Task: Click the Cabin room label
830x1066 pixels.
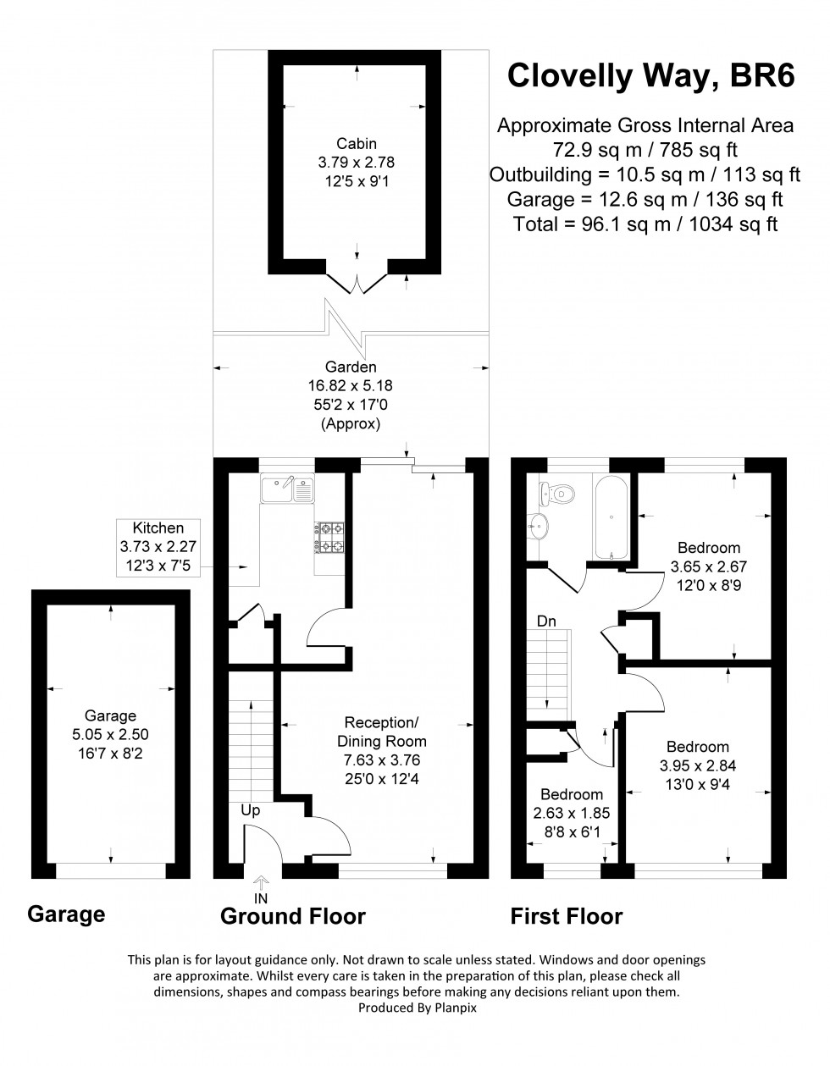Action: [x=356, y=143]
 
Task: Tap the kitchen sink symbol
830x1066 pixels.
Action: [x=288, y=489]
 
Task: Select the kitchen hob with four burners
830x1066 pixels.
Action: [x=330, y=536]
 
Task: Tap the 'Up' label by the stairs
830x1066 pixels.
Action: [x=251, y=810]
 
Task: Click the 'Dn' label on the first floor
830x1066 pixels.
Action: [x=547, y=621]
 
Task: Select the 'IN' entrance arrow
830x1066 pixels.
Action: [x=260, y=888]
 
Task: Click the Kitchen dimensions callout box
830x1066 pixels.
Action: [x=158, y=548]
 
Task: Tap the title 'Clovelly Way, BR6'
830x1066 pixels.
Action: [x=650, y=75]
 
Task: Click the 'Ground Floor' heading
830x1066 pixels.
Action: [x=293, y=916]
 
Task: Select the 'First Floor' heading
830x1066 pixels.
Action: [x=566, y=916]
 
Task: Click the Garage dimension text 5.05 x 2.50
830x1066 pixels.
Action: [x=110, y=734]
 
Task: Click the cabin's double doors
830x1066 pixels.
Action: [x=357, y=284]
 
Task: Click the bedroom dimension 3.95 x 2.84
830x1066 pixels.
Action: [x=697, y=765]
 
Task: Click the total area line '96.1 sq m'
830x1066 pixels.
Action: [x=645, y=224]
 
